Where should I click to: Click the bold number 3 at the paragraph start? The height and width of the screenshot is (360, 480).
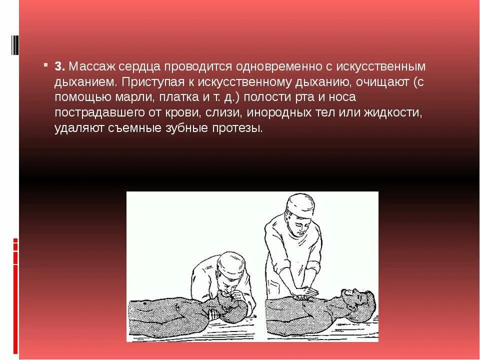pyautogui.click(x=58, y=66)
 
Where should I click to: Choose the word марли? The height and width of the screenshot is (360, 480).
pyautogui.click(x=123, y=97)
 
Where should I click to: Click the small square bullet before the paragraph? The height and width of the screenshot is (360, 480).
pyautogui.click(x=45, y=65)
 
